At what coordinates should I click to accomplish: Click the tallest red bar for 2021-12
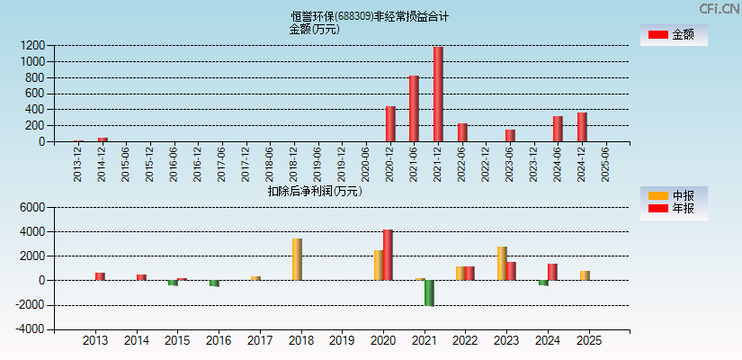(438, 94)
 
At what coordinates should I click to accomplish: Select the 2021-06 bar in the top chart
(415, 108)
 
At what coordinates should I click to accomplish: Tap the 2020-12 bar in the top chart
(390, 123)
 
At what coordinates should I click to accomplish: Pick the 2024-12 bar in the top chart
(582, 127)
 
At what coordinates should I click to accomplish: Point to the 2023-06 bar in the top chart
(510, 135)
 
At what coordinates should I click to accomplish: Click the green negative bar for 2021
(429, 292)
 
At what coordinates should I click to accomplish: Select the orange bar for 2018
(297, 259)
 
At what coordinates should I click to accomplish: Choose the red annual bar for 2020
(388, 255)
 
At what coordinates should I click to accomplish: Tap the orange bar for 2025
(585, 275)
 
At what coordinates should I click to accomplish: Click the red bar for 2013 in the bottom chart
(100, 276)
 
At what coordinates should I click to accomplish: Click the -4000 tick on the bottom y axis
(30, 329)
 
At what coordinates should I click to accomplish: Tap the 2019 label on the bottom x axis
(342, 341)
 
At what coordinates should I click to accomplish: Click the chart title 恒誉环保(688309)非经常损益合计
(370, 16)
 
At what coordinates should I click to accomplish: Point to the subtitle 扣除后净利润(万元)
(315, 191)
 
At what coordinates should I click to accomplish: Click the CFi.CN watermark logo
(719, 9)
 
